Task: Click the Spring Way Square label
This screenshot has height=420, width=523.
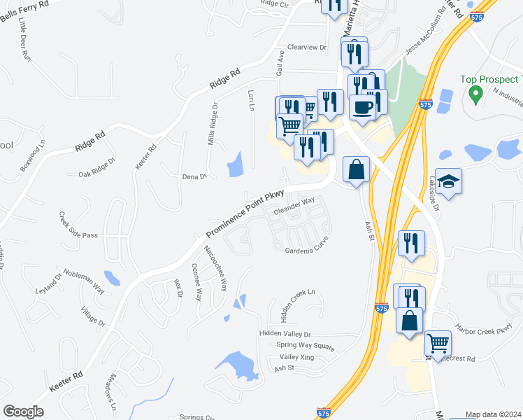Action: point(306,345)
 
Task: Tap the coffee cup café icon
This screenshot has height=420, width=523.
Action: point(362,106)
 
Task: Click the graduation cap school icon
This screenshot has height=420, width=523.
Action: point(448,181)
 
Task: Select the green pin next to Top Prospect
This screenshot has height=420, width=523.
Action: point(475,93)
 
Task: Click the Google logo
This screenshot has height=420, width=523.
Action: point(23,412)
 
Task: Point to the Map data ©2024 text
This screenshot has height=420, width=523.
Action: point(493,414)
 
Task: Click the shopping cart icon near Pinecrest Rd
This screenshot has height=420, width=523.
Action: point(438,342)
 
